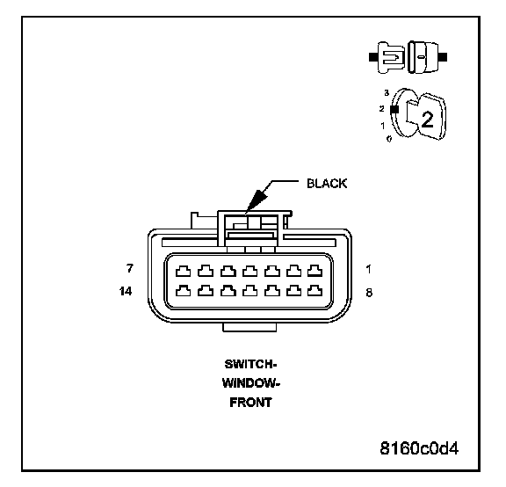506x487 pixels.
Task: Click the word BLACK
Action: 327,184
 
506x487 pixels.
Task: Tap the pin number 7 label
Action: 130,268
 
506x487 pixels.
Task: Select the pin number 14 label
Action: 126,291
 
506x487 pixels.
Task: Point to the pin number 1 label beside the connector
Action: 369,269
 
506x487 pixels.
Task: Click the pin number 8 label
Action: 369,293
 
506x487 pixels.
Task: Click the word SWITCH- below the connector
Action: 250,364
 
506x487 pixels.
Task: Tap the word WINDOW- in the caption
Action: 250,383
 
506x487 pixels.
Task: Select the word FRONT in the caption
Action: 250,403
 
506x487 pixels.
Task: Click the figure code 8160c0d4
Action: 419,448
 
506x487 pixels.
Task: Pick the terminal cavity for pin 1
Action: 314,271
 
